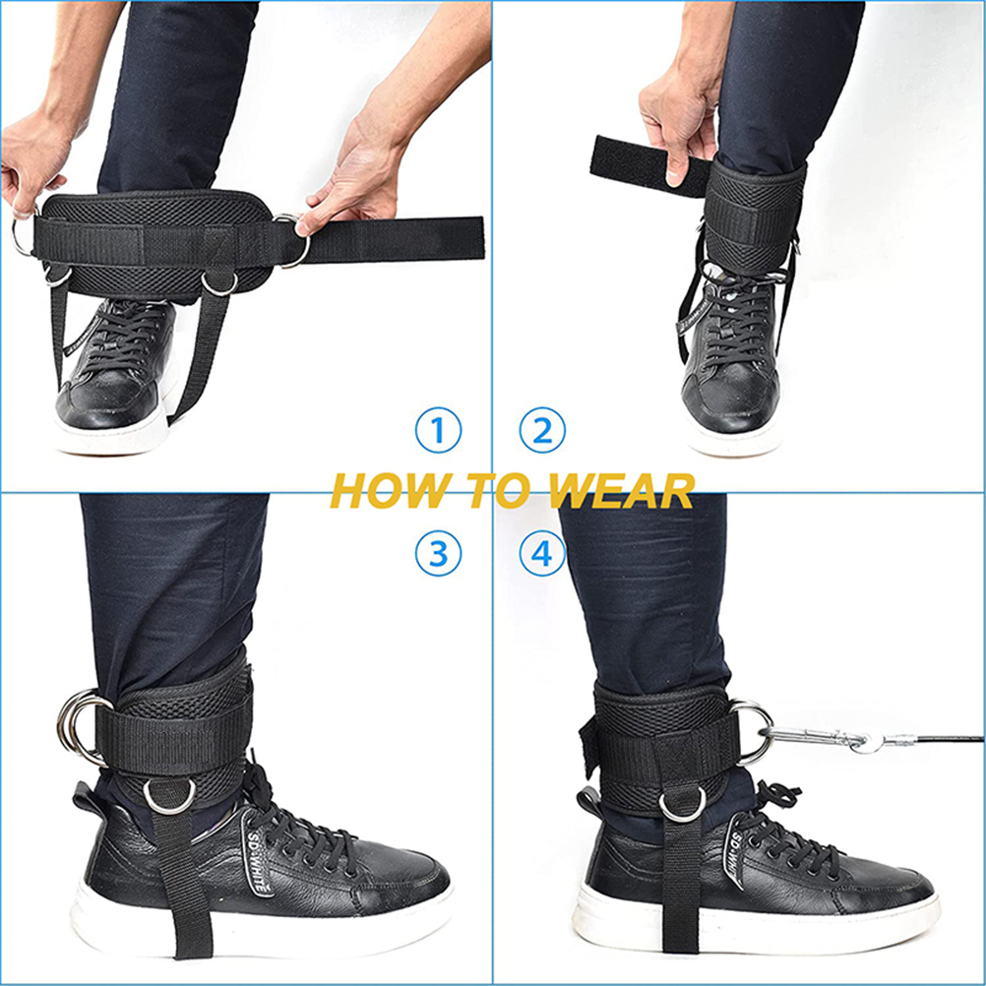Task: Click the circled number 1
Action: click(438, 430)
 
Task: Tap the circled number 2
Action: click(542, 430)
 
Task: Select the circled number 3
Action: click(438, 553)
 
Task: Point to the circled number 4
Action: click(542, 553)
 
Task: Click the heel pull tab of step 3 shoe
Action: click(88, 799)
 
